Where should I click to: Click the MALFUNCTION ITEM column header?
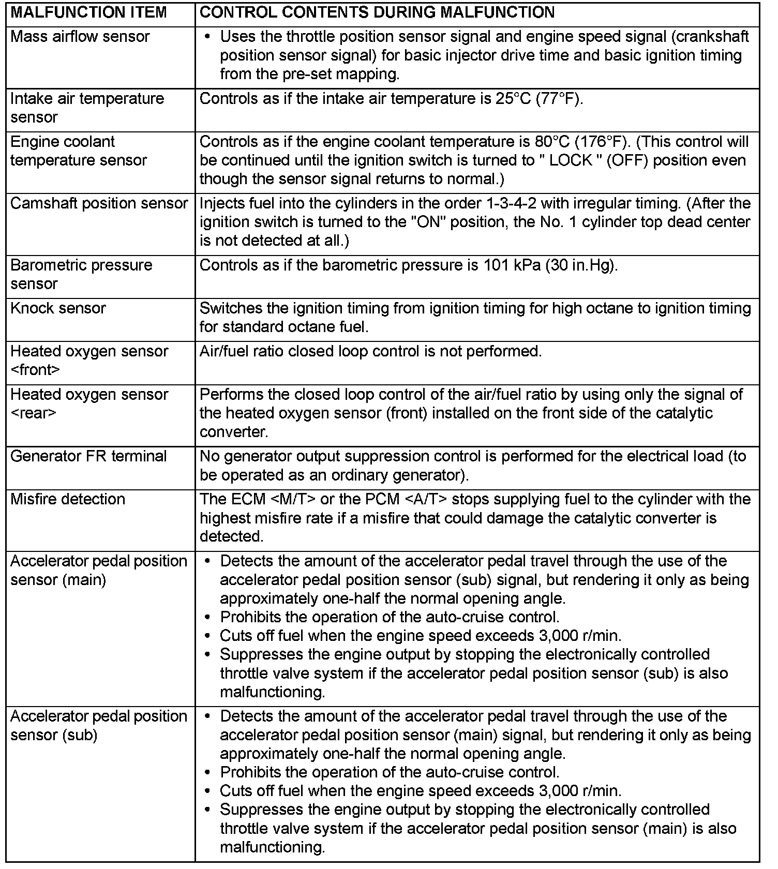[88, 12]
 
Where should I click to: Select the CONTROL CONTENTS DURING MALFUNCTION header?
[377, 12]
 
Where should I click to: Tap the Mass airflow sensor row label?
[80, 37]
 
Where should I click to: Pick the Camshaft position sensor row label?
[99, 203]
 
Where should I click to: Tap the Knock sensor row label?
[58, 308]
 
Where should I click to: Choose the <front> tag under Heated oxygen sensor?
[35, 370]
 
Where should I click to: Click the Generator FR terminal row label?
[88, 456]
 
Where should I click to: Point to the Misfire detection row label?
[68, 499]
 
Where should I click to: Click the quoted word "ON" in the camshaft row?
[428, 222]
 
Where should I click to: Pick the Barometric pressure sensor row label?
[81, 274]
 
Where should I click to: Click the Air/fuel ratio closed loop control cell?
[370, 351]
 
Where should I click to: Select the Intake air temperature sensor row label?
[87, 108]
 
